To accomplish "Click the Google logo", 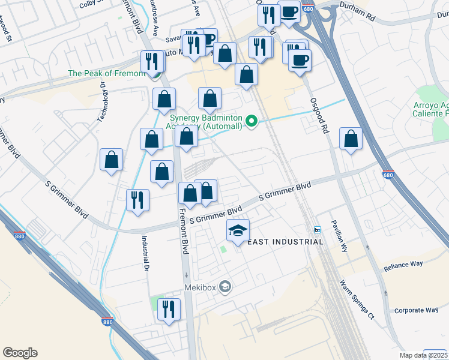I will point(20,353).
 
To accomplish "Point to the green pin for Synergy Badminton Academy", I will point(253,122).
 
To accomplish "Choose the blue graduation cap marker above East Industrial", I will point(238,230).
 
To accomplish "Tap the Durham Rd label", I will point(358,19).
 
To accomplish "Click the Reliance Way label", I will point(403,265).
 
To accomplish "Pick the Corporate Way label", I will point(415,310).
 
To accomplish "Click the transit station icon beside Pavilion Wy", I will point(318,230).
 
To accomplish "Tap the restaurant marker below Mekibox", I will point(169,310).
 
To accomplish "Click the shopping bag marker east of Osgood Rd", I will point(351,139).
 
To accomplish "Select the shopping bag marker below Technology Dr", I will point(111,160).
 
